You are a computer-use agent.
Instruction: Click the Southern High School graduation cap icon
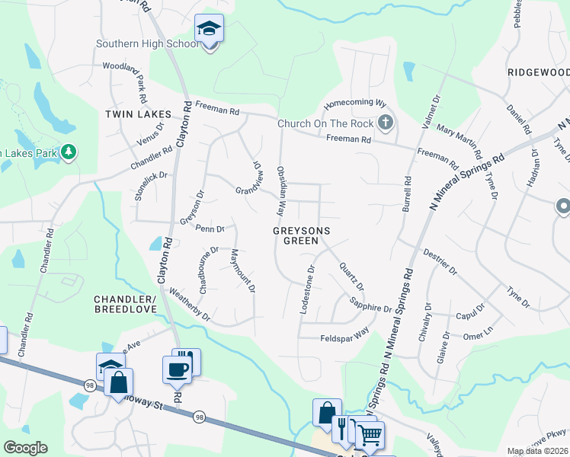209,30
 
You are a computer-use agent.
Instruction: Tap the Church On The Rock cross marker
386,123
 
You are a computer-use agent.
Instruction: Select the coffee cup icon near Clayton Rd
178,369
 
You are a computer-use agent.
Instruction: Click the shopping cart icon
370,436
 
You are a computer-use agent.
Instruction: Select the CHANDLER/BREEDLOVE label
125,304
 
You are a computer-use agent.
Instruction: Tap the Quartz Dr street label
351,276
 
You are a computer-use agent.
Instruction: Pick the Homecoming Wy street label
356,103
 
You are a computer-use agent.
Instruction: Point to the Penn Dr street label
209,228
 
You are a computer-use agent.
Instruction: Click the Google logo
25,448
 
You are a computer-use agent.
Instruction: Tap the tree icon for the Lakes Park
69,152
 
